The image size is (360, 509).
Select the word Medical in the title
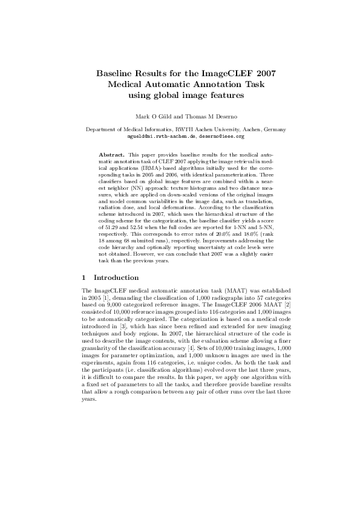(124, 84)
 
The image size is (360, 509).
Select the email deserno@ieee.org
(225, 137)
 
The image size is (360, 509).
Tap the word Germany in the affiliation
(272, 129)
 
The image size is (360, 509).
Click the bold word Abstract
(112, 155)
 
